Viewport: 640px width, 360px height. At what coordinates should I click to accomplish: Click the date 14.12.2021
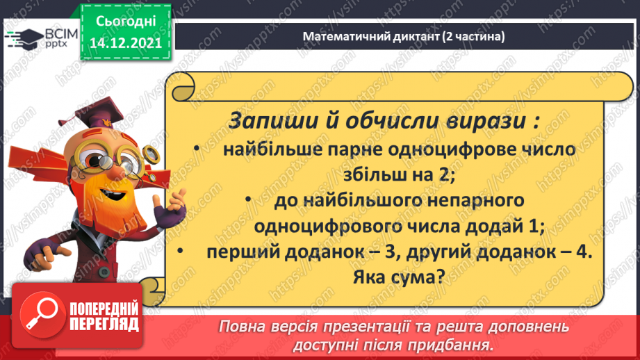click(x=125, y=42)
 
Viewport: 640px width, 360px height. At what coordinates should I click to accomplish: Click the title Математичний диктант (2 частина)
click(x=403, y=37)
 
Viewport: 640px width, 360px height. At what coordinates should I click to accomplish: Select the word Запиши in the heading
click(x=262, y=120)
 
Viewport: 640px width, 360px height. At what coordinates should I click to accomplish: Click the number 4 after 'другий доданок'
click(x=583, y=252)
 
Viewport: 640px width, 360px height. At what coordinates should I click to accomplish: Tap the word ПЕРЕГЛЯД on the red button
click(x=104, y=324)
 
